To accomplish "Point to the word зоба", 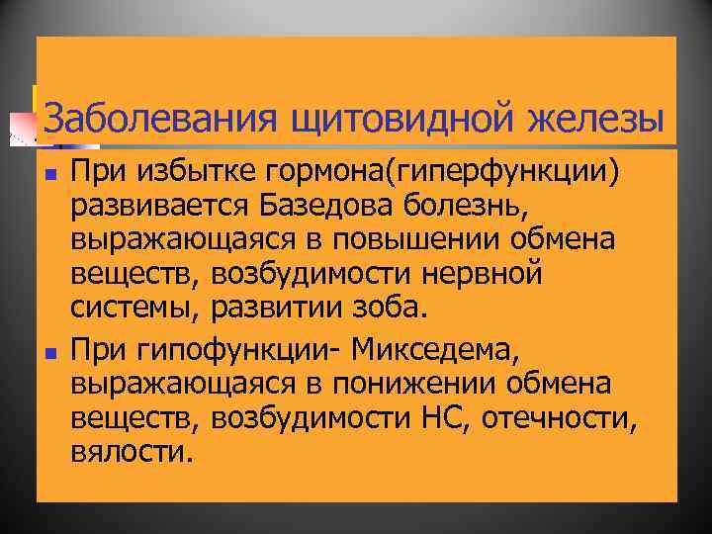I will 391,309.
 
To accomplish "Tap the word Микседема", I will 423,349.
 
